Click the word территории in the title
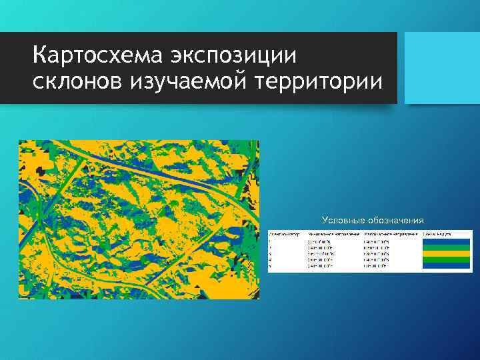[x=317, y=82]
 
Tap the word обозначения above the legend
[x=398, y=220]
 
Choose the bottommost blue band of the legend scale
[x=446, y=266]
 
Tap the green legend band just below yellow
[x=446, y=259]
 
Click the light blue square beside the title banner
[x=443, y=67]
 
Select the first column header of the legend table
[x=283, y=234]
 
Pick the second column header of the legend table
[x=334, y=234]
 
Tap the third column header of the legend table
[x=391, y=234]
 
